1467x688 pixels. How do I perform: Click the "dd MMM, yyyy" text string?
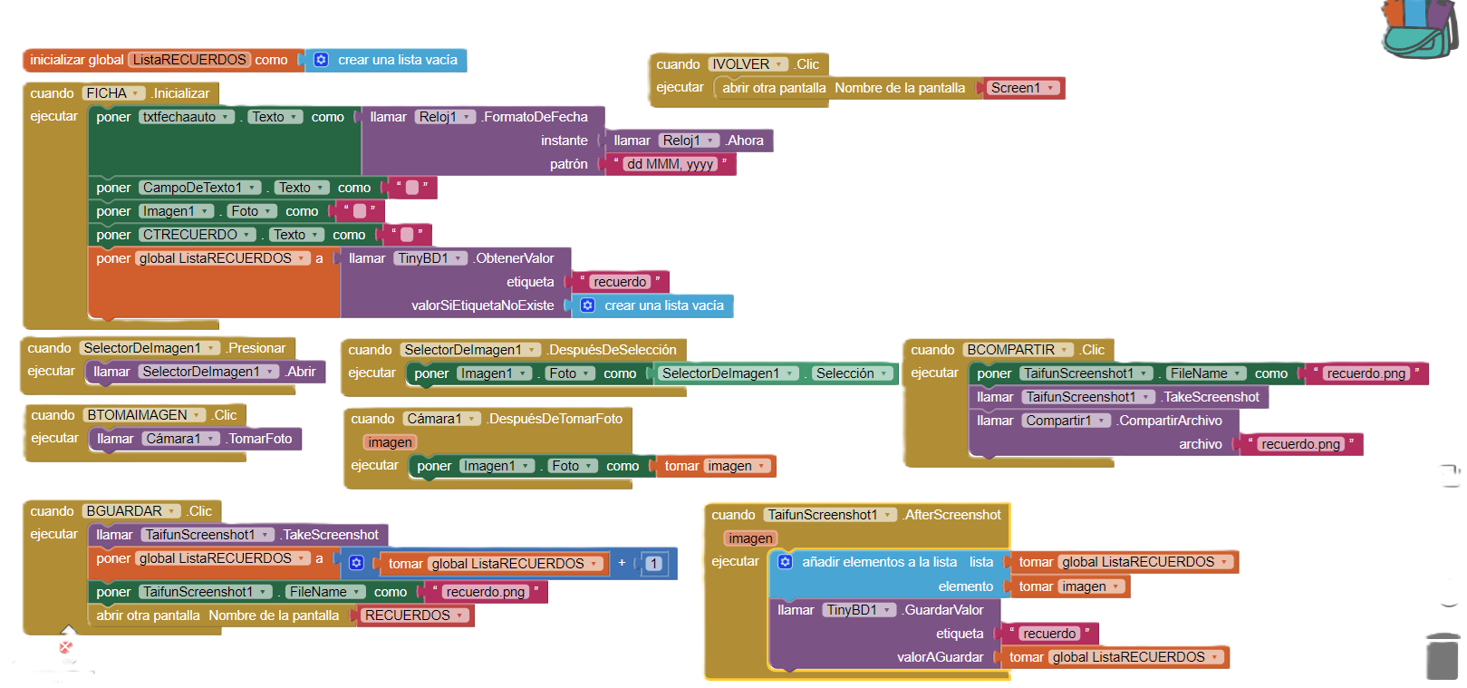(x=670, y=164)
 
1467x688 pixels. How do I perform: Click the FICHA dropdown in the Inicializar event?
(x=113, y=93)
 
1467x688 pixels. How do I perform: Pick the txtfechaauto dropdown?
(x=186, y=117)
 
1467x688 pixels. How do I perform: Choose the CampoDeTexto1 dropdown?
(x=199, y=188)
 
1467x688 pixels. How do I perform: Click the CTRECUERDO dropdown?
(x=196, y=235)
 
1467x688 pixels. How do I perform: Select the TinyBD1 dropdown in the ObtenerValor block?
(x=430, y=258)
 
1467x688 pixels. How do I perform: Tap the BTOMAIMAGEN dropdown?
(x=143, y=415)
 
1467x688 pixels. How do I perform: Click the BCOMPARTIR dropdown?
(x=1018, y=350)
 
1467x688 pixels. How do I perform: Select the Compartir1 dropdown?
(x=1065, y=421)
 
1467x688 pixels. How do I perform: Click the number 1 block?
(x=653, y=564)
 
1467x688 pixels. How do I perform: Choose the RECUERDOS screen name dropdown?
(x=414, y=615)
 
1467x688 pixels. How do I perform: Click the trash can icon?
(x=1442, y=656)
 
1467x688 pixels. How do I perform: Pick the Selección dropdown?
(x=852, y=373)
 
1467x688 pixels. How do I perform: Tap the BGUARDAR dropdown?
(x=130, y=511)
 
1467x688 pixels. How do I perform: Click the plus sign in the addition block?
(x=622, y=563)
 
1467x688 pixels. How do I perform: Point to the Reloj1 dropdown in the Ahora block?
(x=688, y=141)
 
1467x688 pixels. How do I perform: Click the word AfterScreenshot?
(x=952, y=515)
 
